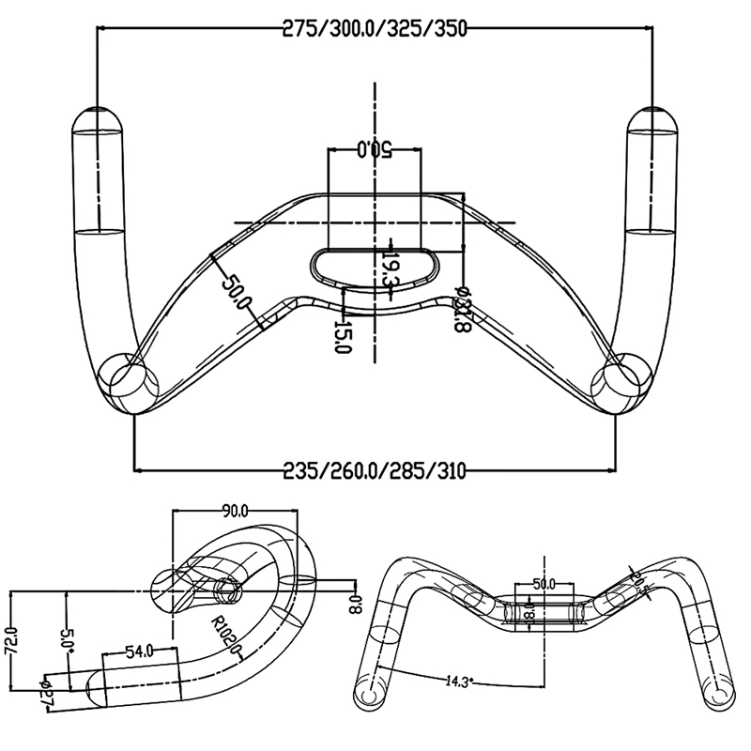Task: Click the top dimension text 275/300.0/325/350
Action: click(x=375, y=28)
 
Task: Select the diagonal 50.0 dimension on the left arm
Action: click(x=236, y=293)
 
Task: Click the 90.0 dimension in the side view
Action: click(x=235, y=512)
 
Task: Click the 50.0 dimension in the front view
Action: click(x=544, y=584)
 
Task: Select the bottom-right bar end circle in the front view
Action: click(x=714, y=697)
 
